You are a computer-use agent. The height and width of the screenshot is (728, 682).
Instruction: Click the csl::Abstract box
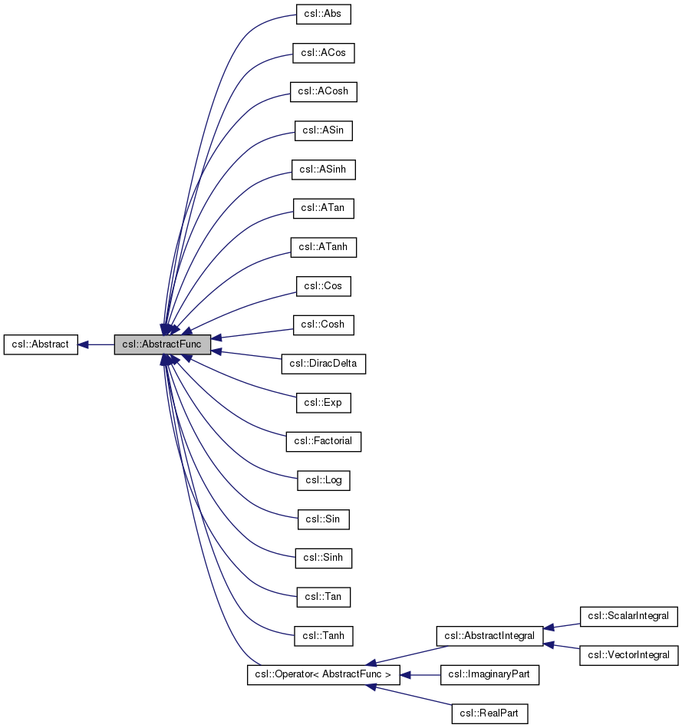[x=41, y=345]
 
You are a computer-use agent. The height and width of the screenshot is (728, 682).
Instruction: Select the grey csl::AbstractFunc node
[x=162, y=345]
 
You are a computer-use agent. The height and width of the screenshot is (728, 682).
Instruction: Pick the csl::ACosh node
[x=323, y=91]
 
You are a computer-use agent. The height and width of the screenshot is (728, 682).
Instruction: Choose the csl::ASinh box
[x=323, y=170]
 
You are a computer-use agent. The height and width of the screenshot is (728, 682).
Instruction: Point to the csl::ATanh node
[x=323, y=247]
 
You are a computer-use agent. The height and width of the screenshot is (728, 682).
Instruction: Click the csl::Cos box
[x=323, y=286]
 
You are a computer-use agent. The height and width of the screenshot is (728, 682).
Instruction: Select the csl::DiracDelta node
[x=323, y=364]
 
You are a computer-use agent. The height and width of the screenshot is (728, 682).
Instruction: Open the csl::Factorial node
[x=323, y=442]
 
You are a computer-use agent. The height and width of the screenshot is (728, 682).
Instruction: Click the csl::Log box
[x=323, y=481]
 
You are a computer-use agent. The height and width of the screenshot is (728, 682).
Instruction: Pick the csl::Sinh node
[x=323, y=558]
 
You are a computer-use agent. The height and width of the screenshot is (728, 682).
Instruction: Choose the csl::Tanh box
[x=323, y=636]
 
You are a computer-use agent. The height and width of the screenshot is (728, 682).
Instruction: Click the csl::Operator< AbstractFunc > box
[x=323, y=675]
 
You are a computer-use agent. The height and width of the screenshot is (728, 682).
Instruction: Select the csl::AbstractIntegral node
[x=489, y=636]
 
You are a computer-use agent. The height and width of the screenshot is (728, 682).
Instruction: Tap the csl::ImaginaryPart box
[x=489, y=675]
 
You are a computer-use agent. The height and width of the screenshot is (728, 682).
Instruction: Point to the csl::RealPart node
[x=489, y=714]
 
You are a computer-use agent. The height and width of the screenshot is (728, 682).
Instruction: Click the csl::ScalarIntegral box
[x=628, y=616]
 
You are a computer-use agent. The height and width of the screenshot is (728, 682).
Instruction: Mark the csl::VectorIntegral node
[x=628, y=655]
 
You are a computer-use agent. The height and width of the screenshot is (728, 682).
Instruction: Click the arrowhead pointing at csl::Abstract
[x=84, y=345]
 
